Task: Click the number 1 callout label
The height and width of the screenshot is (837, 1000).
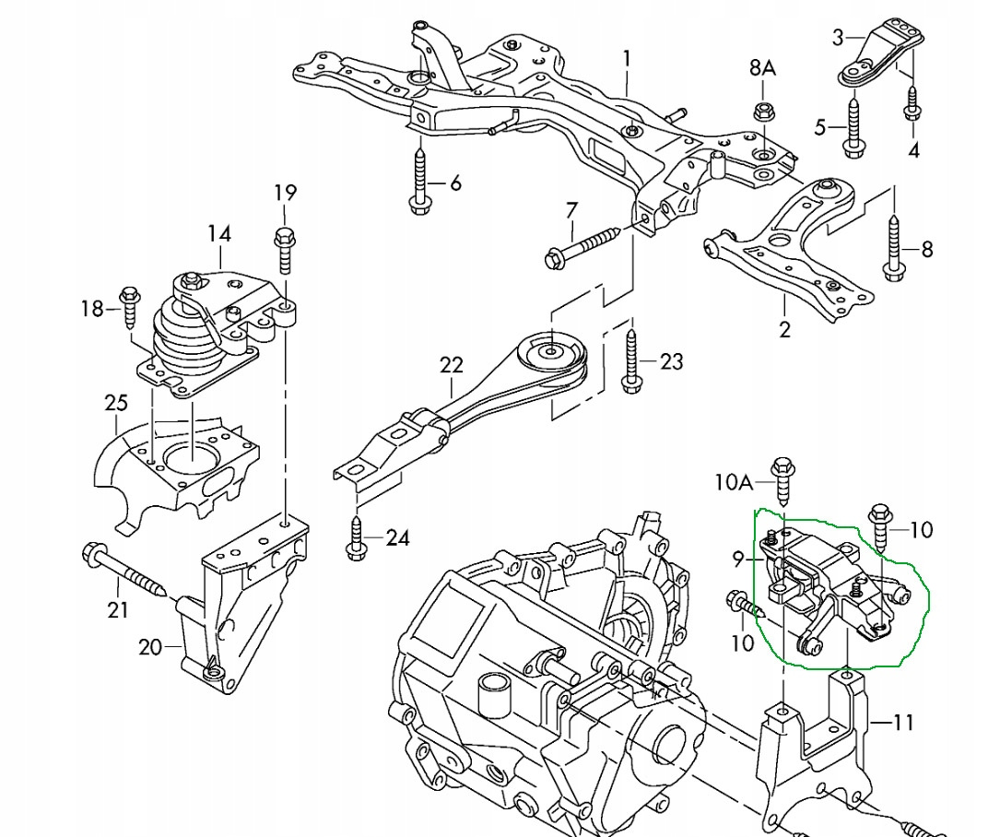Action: [x=627, y=60]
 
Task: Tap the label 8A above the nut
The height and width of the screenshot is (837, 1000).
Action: [x=762, y=67]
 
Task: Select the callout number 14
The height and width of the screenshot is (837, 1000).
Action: [x=219, y=234]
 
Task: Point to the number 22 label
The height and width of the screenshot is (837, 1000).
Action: [x=451, y=365]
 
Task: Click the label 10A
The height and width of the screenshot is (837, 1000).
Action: [x=735, y=480]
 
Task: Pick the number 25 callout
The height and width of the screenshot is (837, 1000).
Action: [x=115, y=403]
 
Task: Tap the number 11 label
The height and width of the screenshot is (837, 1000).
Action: [x=903, y=722]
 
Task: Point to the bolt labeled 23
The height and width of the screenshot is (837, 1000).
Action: [x=631, y=360]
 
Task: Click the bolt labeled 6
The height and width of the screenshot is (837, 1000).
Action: [x=419, y=183]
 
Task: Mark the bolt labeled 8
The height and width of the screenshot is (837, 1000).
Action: [x=892, y=247]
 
